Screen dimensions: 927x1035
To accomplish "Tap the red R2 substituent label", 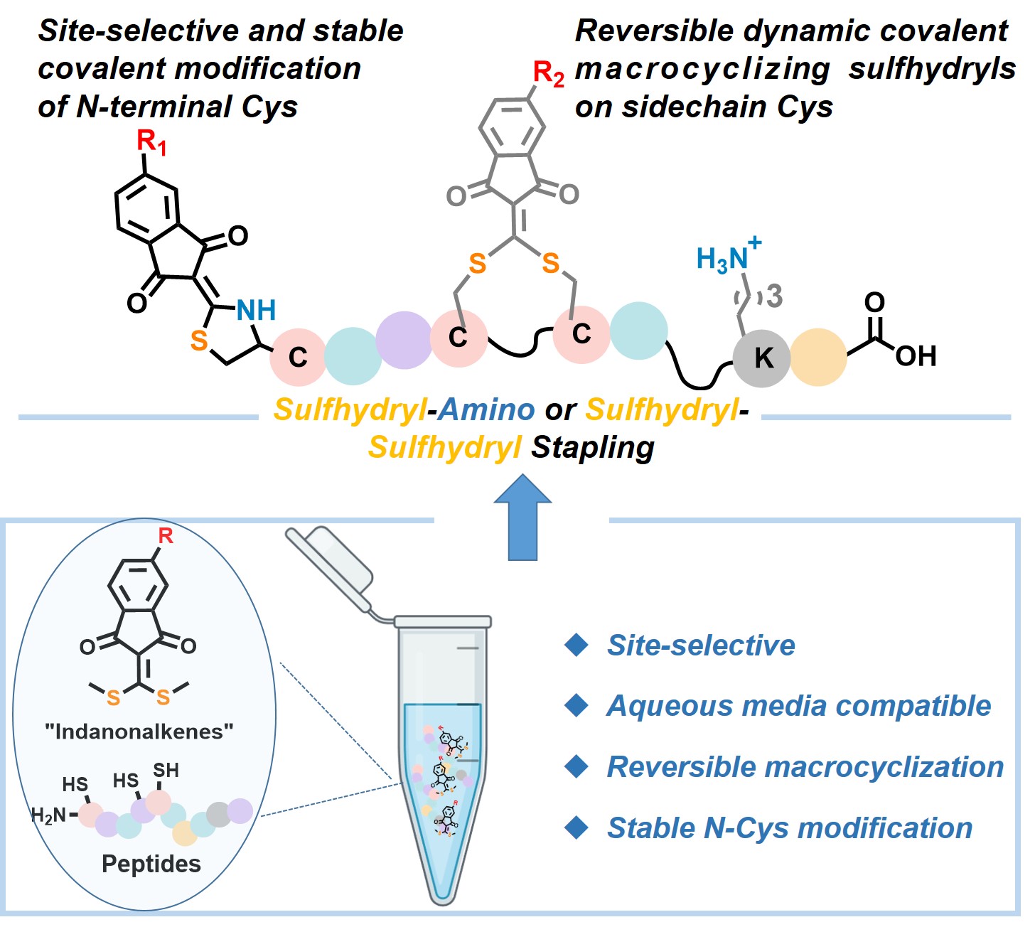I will tap(548, 74).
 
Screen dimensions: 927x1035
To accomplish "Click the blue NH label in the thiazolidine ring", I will tap(256, 311).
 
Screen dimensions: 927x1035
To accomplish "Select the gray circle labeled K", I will tap(762, 358).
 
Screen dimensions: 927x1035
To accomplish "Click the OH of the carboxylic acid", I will tap(916, 356).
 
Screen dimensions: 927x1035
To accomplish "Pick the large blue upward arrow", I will tap(523, 518).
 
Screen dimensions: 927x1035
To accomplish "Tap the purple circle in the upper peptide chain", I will tap(404, 340).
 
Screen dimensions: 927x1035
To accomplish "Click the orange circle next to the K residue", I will tap(818, 358).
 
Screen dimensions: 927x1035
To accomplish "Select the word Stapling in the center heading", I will tap(593, 447).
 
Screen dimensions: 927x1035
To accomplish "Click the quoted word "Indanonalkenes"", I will tap(139, 732).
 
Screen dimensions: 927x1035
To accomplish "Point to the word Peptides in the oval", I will tap(151, 864).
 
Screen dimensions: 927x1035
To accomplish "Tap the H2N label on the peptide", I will tap(48, 815).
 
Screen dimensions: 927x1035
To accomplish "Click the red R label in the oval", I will tap(166, 535).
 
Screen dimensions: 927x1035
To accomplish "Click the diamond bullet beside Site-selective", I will tap(576, 645).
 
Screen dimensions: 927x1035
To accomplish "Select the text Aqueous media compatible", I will tap(798, 706).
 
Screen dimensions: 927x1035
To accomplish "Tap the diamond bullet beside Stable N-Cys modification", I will tap(576, 827).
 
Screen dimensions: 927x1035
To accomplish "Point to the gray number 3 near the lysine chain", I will tap(774, 296).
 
